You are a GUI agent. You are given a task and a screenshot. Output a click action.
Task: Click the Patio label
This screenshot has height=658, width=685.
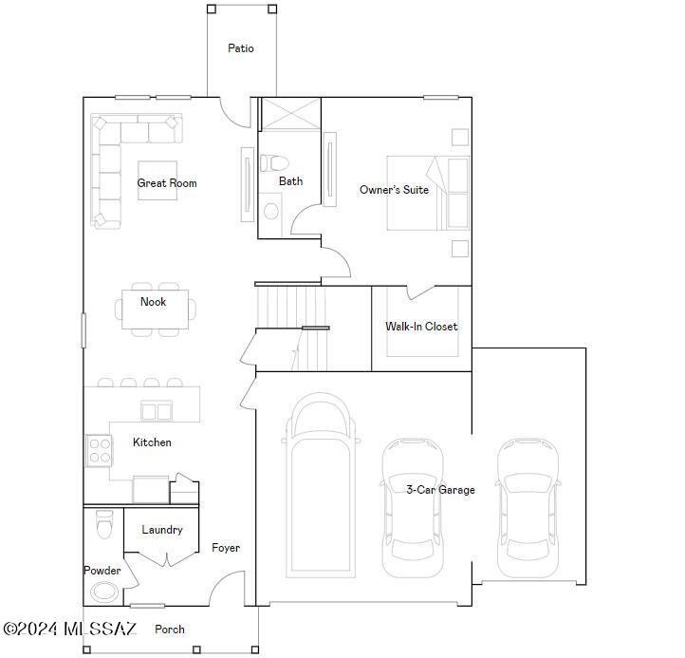click(x=241, y=48)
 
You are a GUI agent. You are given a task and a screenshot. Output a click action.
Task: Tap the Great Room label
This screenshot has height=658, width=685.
click(x=167, y=183)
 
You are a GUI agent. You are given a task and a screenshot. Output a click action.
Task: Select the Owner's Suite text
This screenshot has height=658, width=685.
click(x=394, y=190)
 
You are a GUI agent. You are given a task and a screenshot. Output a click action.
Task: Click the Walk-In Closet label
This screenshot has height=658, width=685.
click(x=421, y=327)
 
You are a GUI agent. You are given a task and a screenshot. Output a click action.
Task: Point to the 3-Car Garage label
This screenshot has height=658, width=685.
click(x=440, y=490)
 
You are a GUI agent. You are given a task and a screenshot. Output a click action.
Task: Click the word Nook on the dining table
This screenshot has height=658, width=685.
click(x=153, y=302)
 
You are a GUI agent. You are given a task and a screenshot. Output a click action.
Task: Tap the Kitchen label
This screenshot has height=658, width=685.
click(x=152, y=442)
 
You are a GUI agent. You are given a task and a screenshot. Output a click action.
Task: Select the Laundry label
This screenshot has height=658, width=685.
click(x=162, y=530)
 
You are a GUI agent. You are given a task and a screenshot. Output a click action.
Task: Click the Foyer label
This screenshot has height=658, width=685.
click(x=226, y=548)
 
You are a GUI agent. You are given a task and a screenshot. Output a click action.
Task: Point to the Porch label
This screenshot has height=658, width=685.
click(x=170, y=629)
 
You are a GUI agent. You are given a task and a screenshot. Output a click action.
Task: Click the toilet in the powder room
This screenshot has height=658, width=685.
click(x=103, y=523)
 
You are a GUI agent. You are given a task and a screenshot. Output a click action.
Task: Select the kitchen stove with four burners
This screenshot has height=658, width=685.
click(x=99, y=450)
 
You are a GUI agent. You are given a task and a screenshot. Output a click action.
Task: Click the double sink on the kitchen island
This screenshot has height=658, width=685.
click(x=157, y=411)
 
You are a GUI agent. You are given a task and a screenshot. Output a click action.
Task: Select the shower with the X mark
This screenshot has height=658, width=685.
click(x=290, y=114)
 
